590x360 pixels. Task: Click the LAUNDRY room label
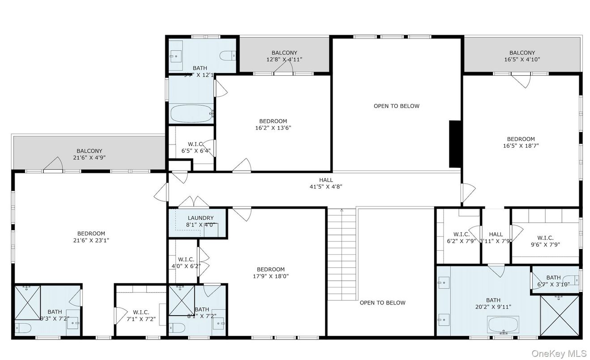click(x=201, y=218)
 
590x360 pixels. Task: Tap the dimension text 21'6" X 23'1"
click(x=91, y=240)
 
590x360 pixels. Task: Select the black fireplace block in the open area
click(x=455, y=144)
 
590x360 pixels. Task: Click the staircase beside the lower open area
click(x=342, y=255)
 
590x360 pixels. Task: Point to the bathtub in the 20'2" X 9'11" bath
click(x=503, y=324)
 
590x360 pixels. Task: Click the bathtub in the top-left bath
click(x=191, y=113)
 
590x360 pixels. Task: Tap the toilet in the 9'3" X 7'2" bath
click(x=23, y=328)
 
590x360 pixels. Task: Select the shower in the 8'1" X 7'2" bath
click(x=181, y=300)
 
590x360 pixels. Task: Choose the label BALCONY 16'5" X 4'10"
click(x=522, y=56)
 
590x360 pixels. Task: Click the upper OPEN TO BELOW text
click(x=397, y=106)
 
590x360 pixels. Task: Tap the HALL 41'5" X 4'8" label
click(x=326, y=183)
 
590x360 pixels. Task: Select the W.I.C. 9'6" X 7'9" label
click(x=545, y=241)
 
